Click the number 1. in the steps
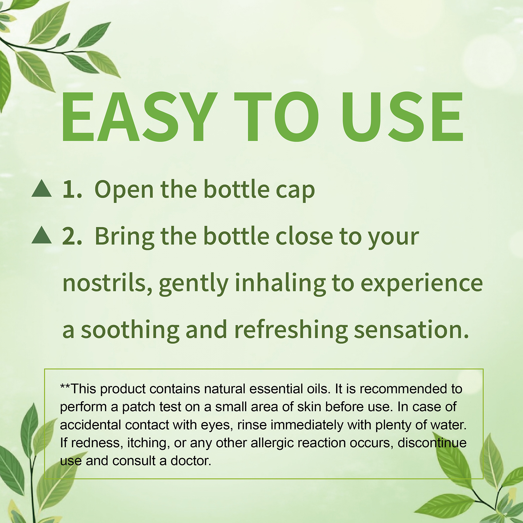click(72, 190)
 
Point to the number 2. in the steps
click(72, 236)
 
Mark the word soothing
click(130, 330)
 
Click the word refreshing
click(291, 330)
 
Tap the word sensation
click(411, 330)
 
